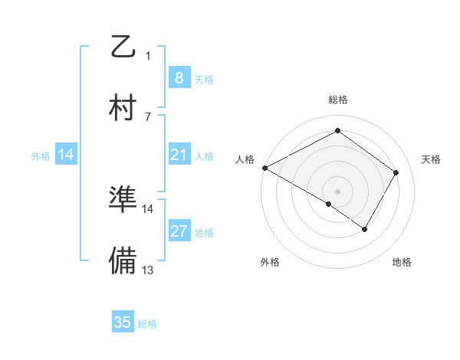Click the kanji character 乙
click(123, 47)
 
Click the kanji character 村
click(123, 107)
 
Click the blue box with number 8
click(179, 77)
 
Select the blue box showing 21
click(179, 155)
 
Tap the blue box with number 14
click(66, 155)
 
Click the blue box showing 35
click(123, 322)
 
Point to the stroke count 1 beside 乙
click(148, 56)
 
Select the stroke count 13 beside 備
click(148, 270)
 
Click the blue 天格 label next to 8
click(203, 79)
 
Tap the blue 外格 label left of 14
click(41, 156)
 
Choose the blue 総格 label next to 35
click(147, 324)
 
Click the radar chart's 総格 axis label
click(337, 100)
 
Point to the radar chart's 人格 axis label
click(245, 159)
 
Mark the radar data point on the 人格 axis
click(264, 168)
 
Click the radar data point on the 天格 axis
click(396, 172)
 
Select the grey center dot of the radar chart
click(337, 191)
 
